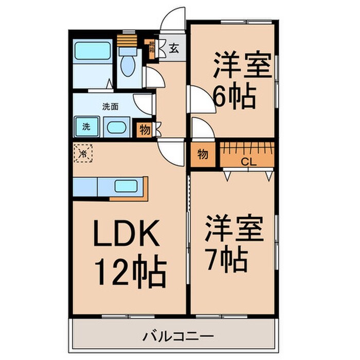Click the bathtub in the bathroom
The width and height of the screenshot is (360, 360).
pos(92,52)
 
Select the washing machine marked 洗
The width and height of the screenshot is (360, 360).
pos(86,126)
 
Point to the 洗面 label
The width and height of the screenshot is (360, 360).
pos(110,107)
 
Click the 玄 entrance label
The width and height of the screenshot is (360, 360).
pos(174,49)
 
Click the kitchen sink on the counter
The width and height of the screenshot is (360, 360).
pos(126,187)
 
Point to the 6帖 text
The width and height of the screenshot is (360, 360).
pos(235,96)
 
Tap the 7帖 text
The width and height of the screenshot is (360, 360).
pos(229,261)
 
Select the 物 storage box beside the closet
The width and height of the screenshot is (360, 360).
pos(203,154)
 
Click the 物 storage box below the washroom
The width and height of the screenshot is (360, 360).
pos(145,130)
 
